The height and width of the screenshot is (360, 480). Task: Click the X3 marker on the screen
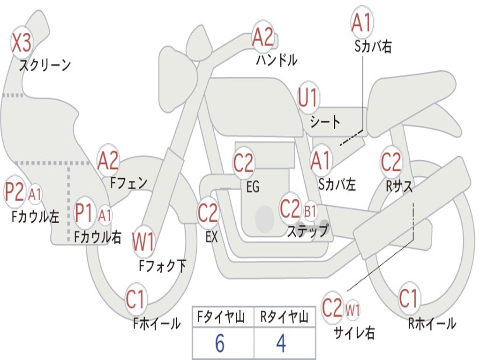(21, 43)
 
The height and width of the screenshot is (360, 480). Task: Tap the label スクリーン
(45, 65)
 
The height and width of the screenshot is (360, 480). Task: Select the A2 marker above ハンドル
(262, 37)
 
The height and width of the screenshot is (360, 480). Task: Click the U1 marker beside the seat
(308, 99)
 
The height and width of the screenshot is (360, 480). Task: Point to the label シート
(325, 122)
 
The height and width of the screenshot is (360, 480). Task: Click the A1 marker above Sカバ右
(361, 23)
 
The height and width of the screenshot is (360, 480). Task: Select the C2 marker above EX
(208, 213)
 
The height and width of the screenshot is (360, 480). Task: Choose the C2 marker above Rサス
(391, 162)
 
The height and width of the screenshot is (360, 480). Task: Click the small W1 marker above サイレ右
(352, 310)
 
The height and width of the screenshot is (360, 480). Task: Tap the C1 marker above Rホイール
(408, 299)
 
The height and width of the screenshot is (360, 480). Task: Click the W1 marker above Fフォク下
(143, 242)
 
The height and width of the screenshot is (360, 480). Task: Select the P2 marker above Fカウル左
(15, 192)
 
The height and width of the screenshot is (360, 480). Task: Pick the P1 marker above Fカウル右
(84, 213)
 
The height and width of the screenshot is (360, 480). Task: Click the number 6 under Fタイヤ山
(220, 344)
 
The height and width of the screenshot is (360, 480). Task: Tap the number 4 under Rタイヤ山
(281, 344)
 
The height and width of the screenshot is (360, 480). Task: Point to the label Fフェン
(128, 182)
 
